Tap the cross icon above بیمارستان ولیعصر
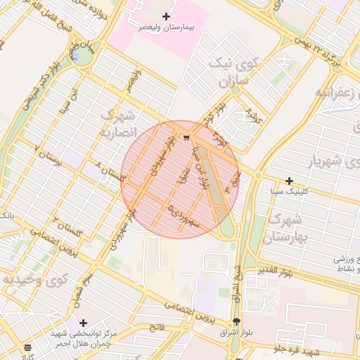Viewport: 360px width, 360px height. (x=166, y=15)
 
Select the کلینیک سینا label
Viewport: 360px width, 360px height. (x=289, y=191)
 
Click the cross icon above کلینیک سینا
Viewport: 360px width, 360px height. (x=289, y=181)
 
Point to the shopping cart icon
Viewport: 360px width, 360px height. (x=186, y=137)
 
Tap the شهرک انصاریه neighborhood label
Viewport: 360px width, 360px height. (x=117, y=123)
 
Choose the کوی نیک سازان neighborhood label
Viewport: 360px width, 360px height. (x=234, y=73)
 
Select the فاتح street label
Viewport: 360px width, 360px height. (x=156, y=327)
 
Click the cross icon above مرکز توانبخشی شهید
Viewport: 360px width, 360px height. (x=83, y=323)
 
